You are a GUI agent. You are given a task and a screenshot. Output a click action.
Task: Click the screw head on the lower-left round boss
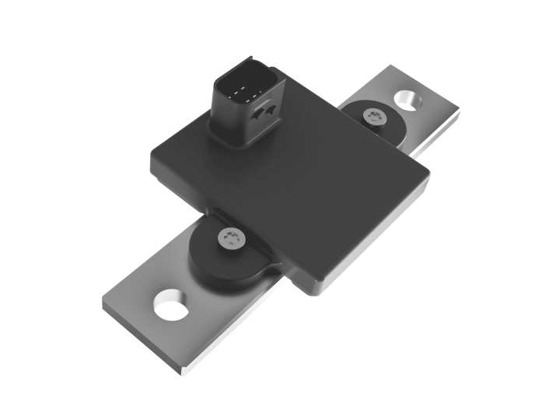229,239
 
